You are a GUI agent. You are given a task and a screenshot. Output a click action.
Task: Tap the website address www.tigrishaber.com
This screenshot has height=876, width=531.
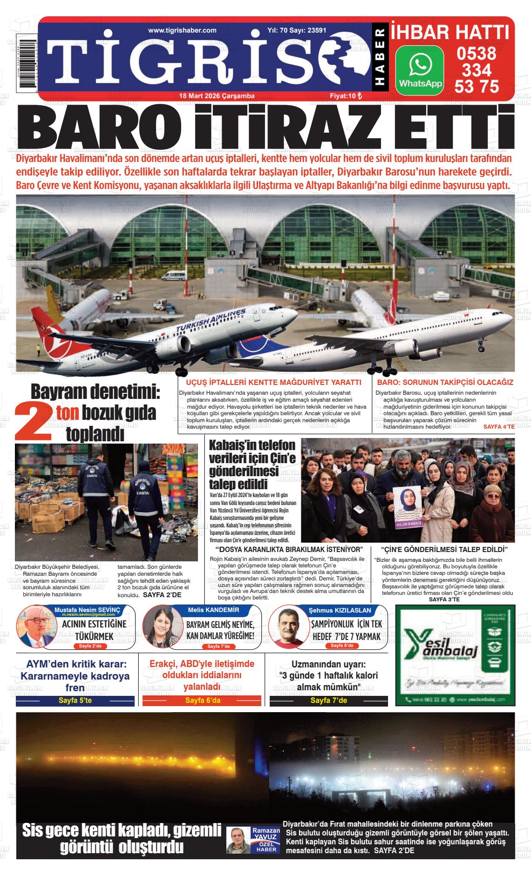tap(182, 30)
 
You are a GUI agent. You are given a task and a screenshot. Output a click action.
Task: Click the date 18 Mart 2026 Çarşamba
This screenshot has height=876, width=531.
tap(217, 96)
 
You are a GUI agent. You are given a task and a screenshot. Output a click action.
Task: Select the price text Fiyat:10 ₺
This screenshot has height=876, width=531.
tap(345, 96)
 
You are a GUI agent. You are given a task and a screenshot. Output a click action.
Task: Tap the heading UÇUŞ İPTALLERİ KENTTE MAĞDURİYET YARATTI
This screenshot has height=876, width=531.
tap(273, 382)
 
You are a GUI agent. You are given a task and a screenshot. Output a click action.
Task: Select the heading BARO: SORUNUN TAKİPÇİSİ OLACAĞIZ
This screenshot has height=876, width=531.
tap(444, 382)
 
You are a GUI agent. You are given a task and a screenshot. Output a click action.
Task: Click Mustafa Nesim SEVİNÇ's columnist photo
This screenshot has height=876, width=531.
tap(35, 627)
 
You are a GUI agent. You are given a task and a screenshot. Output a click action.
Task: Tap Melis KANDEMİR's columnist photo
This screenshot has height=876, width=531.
tap(160, 627)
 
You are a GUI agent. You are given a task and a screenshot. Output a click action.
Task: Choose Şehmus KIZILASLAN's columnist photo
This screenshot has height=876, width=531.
tap(286, 627)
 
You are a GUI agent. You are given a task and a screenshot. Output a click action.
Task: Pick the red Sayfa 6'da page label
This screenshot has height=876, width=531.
tap(203, 701)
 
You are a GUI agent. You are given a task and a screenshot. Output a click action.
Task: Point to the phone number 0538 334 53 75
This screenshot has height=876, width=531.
tap(477, 70)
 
